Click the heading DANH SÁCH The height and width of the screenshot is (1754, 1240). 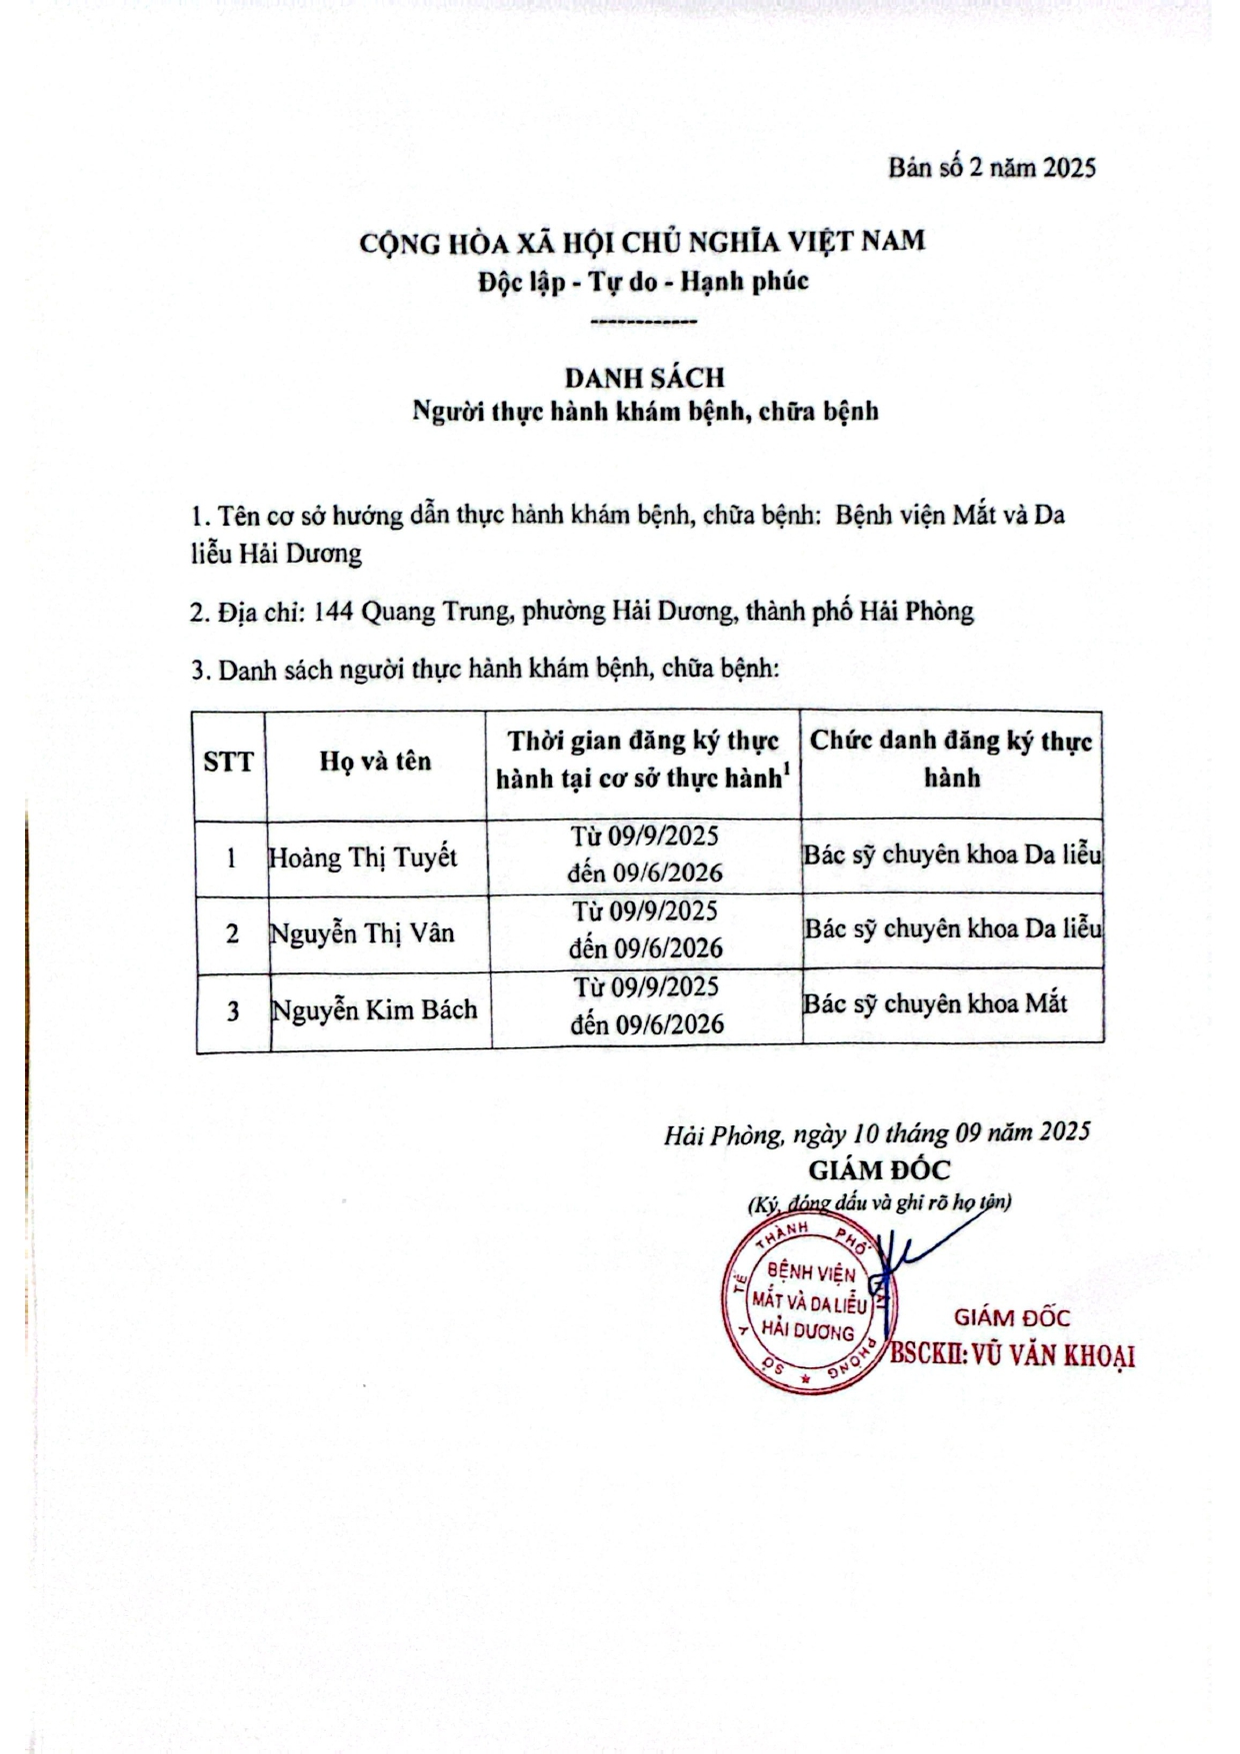point(644,378)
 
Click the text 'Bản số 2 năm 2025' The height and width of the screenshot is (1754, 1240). point(991,167)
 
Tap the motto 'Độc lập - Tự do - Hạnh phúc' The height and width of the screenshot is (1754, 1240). point(643,282)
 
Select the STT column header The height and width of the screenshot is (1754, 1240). point(229,763)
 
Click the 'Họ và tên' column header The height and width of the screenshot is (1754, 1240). point(375,762)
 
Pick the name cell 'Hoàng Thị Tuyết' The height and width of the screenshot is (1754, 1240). point(363,858)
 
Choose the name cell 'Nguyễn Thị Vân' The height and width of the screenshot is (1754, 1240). point(362,933)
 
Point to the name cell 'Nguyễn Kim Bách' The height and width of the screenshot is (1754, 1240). point(374,1009)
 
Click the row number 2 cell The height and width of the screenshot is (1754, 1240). point(232,934)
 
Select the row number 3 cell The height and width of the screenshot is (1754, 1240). point(233,1010)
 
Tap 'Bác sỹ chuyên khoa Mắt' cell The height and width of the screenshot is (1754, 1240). point(935,1003)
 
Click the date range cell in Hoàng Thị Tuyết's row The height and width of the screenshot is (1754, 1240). point(644,855)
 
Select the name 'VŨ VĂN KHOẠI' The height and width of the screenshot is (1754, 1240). point(1053,1355)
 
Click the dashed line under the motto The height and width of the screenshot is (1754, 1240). point(644,322)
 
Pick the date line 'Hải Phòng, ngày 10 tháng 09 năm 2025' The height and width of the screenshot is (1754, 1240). point(876,1133)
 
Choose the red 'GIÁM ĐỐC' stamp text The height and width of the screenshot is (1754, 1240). point(1011,1318)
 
